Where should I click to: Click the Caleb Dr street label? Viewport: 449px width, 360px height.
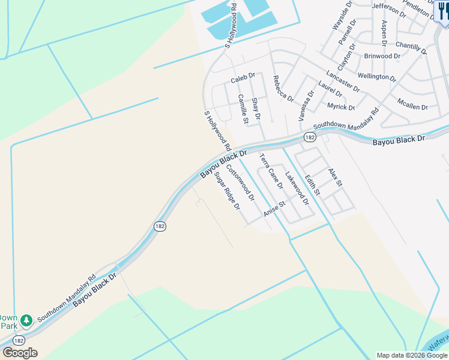pyautogui.click(x=243, y=79)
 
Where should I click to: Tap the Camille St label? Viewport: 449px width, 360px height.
pyautogui.click(x=243, y=109)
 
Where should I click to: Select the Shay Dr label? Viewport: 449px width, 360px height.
pyautogui.click(x=256, y=108)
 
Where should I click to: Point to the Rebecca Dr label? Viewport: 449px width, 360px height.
pyautogui.click(x=283, y=88)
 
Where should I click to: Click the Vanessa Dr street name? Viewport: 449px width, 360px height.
pyautogui.click(x=306, y=103)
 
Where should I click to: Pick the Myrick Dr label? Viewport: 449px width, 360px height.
pyautogui.click(x=341, y=107)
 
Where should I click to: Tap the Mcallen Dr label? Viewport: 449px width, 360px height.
pyautogui.click(x=412, y=103)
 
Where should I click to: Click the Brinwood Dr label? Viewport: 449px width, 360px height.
pyautogui.click(x=382, y=56)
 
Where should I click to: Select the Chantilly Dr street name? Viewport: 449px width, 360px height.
pyautogui.click(x=411, y=47)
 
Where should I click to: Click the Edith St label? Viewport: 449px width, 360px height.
pyautogui.click(x=312, y=185)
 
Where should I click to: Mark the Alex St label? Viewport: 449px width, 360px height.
pyautogui.click(x=335, y=176)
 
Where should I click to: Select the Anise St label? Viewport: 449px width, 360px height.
pyautogui.click(x=274, y=209)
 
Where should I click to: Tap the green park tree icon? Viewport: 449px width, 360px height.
pyautogui.click(x=26, y=319)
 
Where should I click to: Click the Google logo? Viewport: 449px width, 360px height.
pyautogui.click(x=19, y=353)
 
